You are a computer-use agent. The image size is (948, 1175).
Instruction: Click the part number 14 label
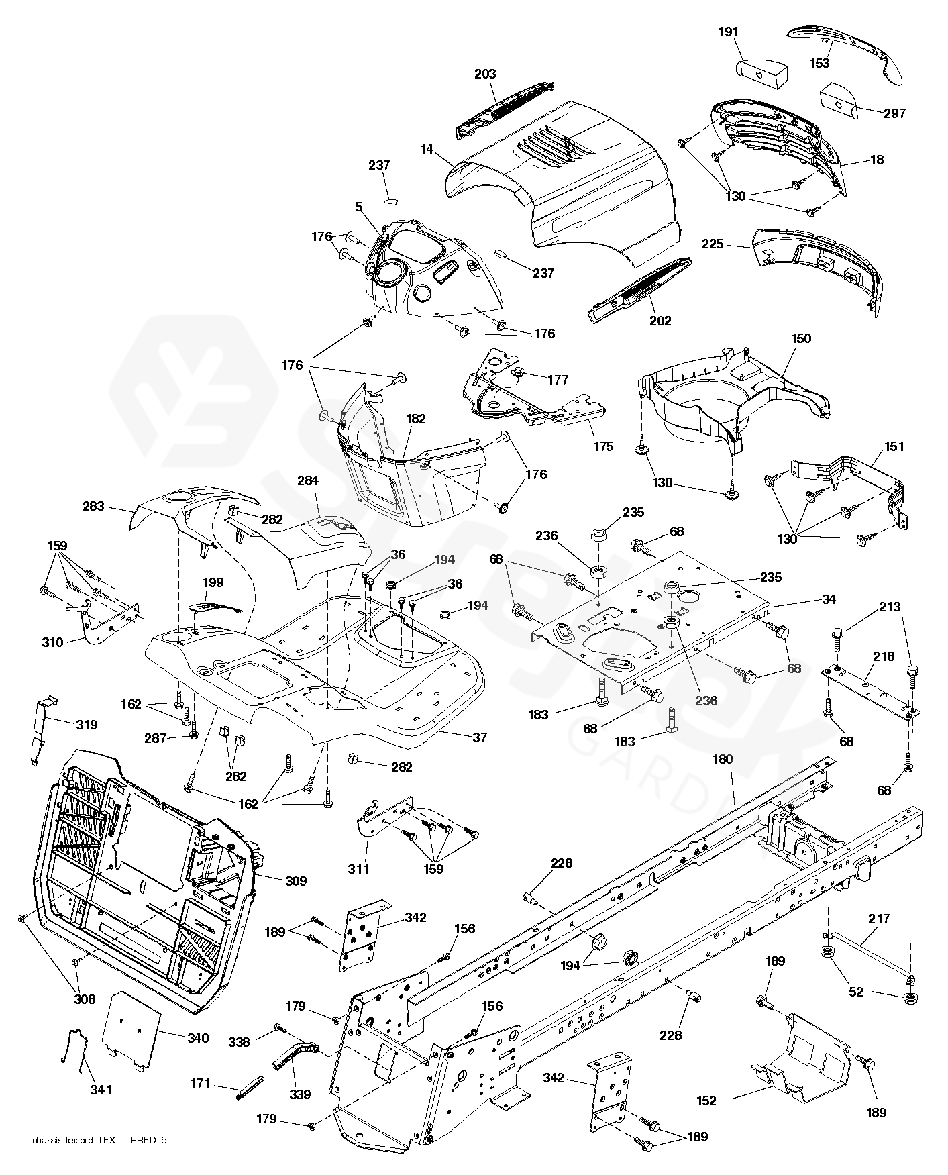427,150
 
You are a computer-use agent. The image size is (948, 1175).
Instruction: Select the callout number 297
894,113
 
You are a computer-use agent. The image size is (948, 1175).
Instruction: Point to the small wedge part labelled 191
761,69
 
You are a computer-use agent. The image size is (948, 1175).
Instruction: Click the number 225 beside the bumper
713,244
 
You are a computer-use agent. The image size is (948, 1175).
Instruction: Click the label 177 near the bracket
558,380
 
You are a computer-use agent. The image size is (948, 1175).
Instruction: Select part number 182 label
416,419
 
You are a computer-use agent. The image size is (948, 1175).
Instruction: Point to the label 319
87,725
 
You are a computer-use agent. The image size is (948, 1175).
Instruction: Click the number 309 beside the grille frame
296,880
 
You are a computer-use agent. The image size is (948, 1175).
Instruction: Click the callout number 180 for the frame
723,759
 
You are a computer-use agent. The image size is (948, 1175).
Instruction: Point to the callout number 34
829,599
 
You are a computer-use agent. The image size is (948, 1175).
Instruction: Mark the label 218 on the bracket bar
884,657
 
